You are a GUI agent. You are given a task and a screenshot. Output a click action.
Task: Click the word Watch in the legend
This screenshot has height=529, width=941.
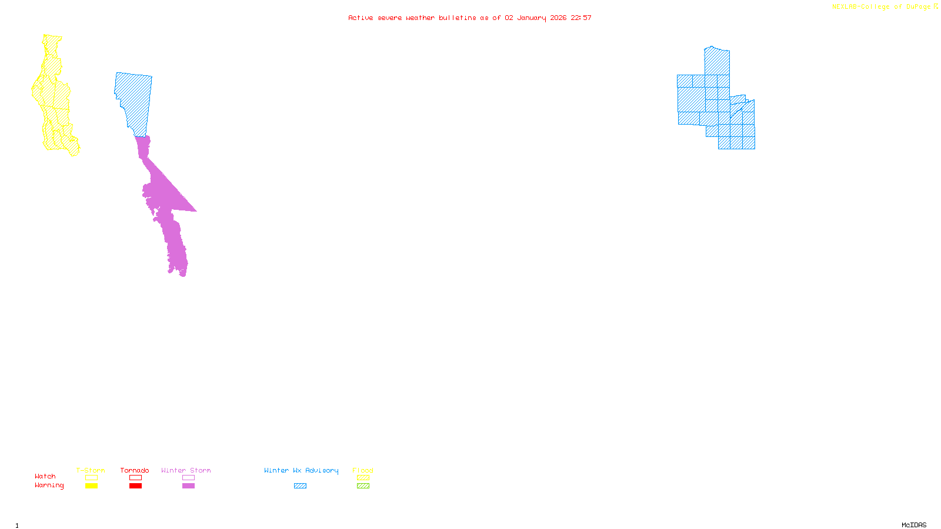coord(45,476)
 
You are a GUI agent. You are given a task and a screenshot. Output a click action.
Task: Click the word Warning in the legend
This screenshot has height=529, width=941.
coord(49,486)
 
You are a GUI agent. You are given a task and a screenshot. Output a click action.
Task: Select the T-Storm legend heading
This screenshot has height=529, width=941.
coord(91,470)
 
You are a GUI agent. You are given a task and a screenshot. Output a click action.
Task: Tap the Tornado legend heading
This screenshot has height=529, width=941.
coord(135,470)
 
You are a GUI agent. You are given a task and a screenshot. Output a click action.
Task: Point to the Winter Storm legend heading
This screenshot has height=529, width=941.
coord(186,470)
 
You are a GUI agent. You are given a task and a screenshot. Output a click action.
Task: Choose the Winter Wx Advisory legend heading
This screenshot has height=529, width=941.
coord(301,470)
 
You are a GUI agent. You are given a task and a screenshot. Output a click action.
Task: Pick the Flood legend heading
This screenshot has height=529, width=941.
coord(363,470)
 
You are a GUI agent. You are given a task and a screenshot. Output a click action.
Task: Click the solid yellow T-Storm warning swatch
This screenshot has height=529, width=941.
coord(91,486)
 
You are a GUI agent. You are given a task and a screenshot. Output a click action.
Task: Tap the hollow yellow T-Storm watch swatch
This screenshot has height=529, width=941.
coord(91,478)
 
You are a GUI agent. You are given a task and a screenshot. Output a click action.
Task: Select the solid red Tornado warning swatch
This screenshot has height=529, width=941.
coord(135,486)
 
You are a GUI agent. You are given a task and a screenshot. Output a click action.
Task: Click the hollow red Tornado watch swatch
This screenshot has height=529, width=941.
coord(135,478)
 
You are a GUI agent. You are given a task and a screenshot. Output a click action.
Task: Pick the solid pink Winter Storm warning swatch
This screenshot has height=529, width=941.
coord(188,486)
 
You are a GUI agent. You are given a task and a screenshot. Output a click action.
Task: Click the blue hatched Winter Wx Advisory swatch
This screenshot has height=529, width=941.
coord(300,486)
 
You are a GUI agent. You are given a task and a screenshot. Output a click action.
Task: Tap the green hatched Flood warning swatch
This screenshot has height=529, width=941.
coord(363,486)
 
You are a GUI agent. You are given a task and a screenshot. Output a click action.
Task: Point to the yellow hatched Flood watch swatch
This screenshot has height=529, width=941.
coord(363,478)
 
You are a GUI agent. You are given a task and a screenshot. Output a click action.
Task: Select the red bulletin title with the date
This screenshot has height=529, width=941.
coord(469,18)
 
